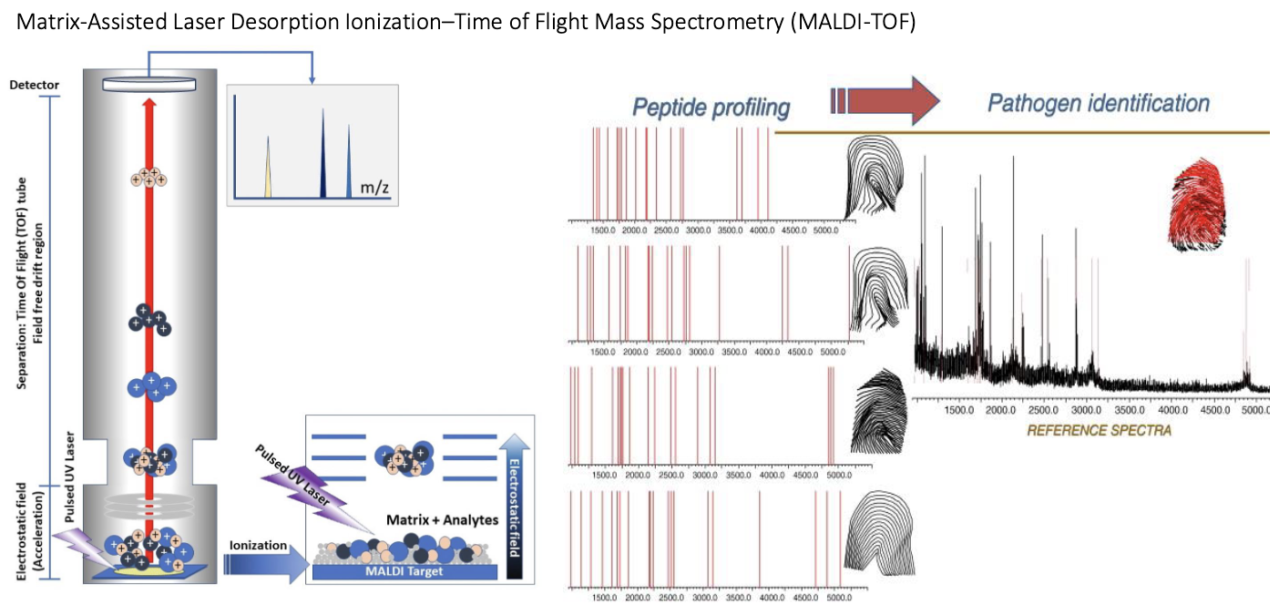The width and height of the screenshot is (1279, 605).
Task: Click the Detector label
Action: [x=34, y=85]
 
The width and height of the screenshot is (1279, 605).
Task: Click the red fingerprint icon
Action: [x=1199, y=203]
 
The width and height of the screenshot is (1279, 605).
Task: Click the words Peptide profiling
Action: [x=711, y=108]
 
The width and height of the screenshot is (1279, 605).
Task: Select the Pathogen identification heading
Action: [x=1099, y=103]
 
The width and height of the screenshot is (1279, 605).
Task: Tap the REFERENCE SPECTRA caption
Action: [x=1099, y=430]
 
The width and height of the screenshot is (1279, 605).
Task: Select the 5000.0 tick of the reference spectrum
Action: [x=1254, y=411]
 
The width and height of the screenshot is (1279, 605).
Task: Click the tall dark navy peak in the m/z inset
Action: [x=322, y=154]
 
